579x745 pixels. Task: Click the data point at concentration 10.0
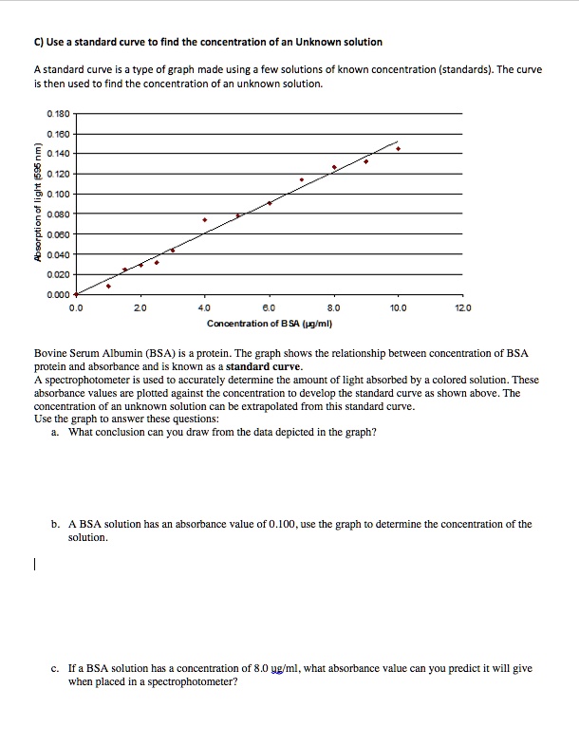pyautogui.click(x=398, y=149)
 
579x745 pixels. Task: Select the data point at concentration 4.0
pyautogui.click(x=205, y=219)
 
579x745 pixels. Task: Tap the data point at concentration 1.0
pyautogui.click(x=108, y=286)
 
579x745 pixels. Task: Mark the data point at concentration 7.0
pyautogui.click(x=302, y=179)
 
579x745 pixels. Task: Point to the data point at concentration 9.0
pyautogui.click(x=366, y=161)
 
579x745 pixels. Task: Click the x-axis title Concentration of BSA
pyautogui.click(x=269, y=323)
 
